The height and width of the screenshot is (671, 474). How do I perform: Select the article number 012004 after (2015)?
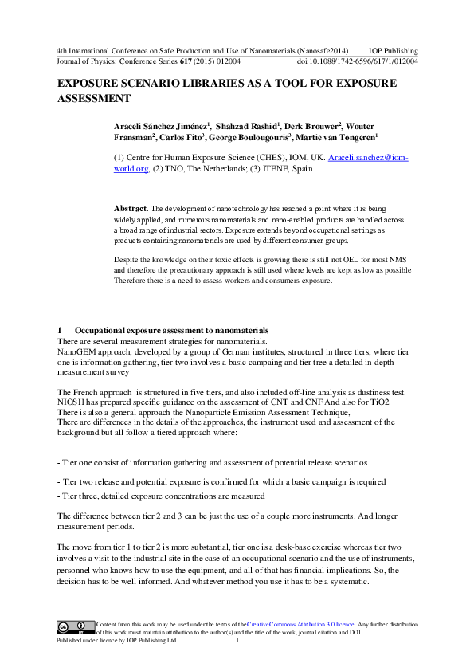click(x=228, y=59)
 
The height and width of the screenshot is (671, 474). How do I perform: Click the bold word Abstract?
click(x=131, y=207)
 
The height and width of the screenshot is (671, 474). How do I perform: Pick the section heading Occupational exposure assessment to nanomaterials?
click(x=171, y=330)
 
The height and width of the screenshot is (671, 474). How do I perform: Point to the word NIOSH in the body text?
click(x=72, y=402)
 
